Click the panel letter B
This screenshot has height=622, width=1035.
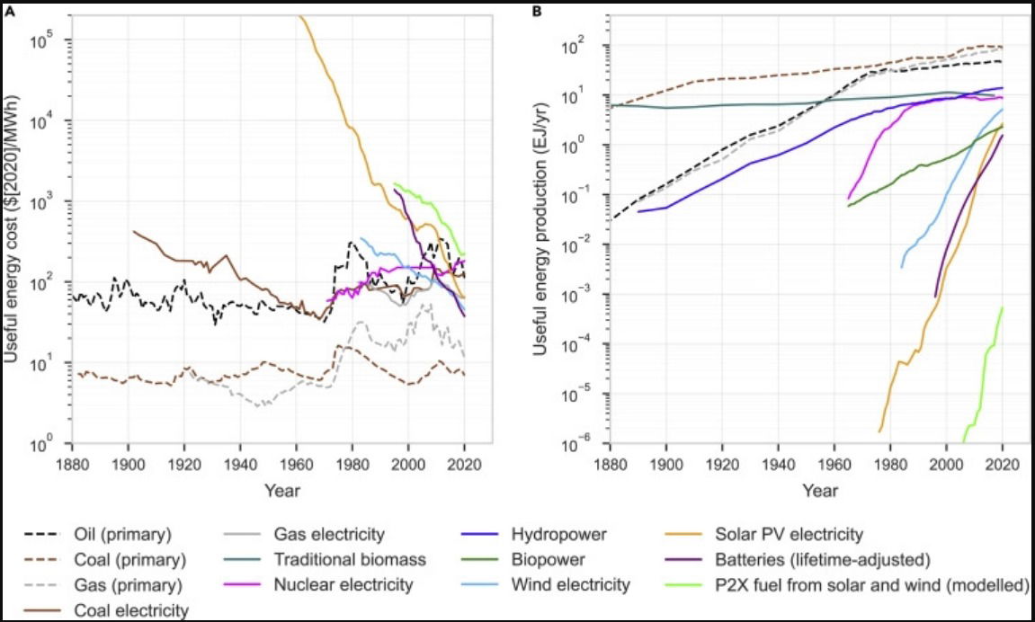click(x=537, y=11)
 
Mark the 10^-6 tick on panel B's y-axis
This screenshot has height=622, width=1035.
click(x=584, y=444)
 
